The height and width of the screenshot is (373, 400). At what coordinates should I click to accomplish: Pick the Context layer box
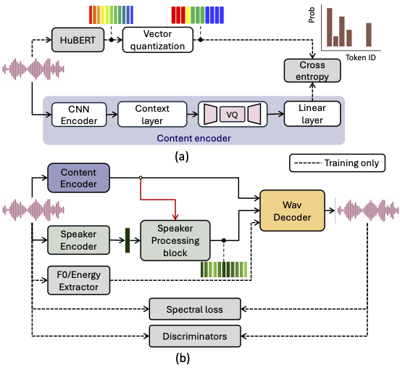pyautogui.click(x=152, y=113)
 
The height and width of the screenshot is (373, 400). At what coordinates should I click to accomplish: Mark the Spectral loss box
pyautogui.click(x=193, y=308)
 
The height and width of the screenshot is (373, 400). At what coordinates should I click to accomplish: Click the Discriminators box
pyautogui.click(x=193, y=335)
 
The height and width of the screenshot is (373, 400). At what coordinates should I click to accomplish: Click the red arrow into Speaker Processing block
pyautogui.click(x=174, y=207)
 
